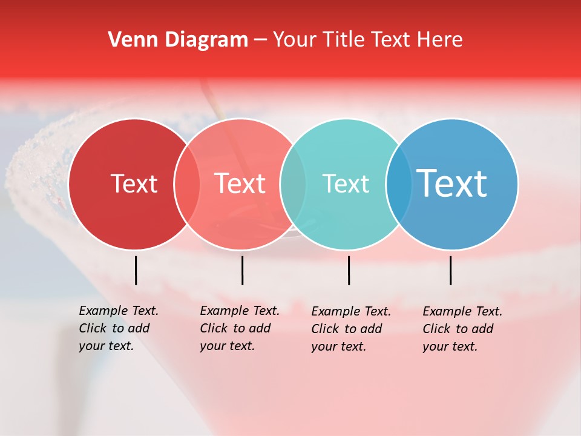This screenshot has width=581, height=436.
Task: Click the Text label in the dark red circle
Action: pyautogui.click(x=134, y=184)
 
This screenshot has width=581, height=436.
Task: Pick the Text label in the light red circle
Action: pyautogui.click(x=240, y=184)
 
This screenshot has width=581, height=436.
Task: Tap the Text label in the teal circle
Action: pyautogui.click(x=346, y=184)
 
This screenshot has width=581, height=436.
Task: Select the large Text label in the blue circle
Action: pyautogui.click(x=451, y=183)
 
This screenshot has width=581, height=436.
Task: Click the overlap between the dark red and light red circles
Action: pyautogui.click(x=187, y=184)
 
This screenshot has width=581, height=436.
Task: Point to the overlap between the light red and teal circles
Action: pyautogui.click(x=293, y=184)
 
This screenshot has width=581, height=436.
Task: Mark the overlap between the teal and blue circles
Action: pyautogui.click(x=399, y=184)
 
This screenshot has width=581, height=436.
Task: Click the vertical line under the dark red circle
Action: pyautogui.click(x=136, y=270)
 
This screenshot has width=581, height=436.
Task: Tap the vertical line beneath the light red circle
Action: pyautogui.click(x=242, y=270)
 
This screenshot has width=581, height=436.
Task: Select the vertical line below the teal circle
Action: pyautogui.click(x=349, y=270)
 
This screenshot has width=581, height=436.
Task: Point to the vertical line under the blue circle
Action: pyautogui.click(x=450, y=270)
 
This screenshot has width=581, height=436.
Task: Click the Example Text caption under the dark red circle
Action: pyautogui.click(x=118, y=328)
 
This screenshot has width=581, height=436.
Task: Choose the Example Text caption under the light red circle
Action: pyautogui.click(x=239, y=328)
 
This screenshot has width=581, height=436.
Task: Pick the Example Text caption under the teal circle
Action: pyautogui.click(x=351, y=329)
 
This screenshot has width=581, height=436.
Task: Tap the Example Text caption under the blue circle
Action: pyautogui.click(x=462, y=329)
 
